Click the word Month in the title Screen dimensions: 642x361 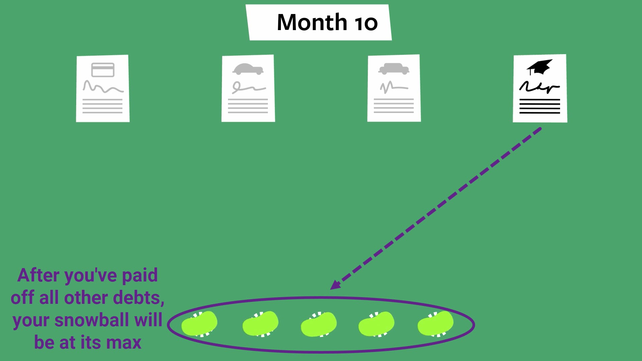click(312, 22)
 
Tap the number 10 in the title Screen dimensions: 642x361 click(366, 23)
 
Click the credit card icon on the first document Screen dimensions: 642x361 click(103, 70)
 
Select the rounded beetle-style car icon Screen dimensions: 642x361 click(248, 69)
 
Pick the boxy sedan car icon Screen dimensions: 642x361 click(394, 69)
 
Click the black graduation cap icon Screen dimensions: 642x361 click(539, 67)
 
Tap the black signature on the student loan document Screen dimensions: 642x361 click(539, 87)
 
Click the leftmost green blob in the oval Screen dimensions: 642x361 click(199, 324)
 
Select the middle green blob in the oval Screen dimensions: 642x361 click(319, 324)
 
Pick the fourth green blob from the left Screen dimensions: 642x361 click(376, 324)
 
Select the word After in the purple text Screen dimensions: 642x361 click(38, 275)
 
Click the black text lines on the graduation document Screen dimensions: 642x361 click(539, 106)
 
